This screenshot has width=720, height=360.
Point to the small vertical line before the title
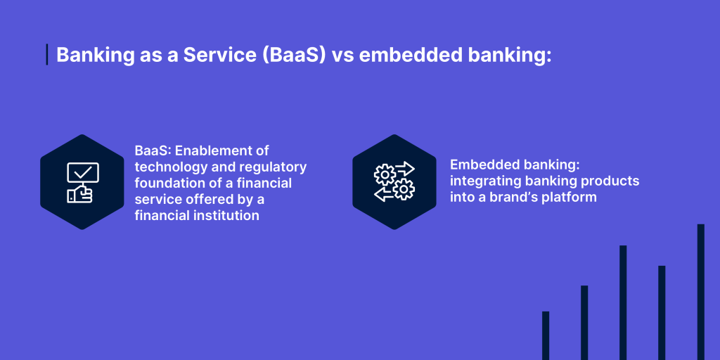point(47,55)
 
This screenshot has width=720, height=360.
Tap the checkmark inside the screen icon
point(84,172)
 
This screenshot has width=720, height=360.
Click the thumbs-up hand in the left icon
point(80,194)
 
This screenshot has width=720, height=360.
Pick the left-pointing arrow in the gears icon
point(383,195)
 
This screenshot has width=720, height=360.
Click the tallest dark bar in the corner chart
point(700,292)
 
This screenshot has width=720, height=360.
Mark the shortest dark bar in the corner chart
point(546,335)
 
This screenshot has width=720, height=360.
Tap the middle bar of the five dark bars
point(623,302)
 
